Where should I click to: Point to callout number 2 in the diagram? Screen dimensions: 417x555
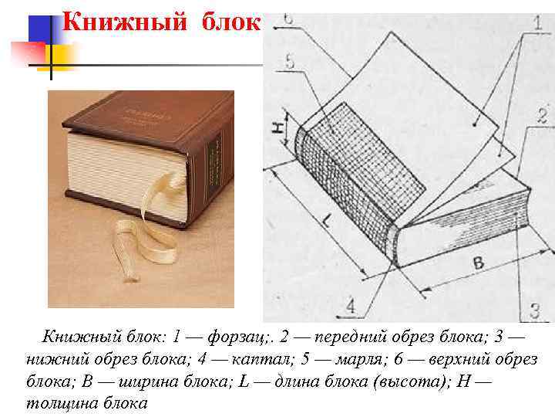(x=542, y=116)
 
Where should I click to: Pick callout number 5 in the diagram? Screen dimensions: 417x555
(x=291, y=61)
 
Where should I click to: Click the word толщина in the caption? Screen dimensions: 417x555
(x=62, y=403)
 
